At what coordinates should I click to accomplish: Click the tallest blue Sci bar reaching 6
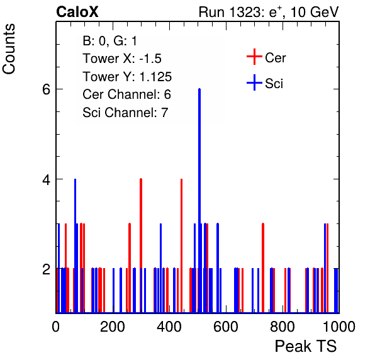point(199,200)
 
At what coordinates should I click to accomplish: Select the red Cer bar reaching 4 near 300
point(141,245)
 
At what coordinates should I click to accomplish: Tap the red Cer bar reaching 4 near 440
point(181,245)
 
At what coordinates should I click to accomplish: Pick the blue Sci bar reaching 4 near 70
point(75,245)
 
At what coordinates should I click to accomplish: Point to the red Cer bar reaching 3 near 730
point(263,268)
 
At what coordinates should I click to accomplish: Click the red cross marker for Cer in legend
point(254,57)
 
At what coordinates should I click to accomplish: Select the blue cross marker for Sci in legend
point(254,82)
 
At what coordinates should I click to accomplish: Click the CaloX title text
point(77,12)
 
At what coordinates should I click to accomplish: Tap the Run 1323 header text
point(269,12)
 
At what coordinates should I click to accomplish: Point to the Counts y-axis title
point(9,49)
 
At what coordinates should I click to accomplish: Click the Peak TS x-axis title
point(306,346)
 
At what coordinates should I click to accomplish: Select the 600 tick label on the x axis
point(226,327)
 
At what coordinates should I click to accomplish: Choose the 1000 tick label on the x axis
point(339,327)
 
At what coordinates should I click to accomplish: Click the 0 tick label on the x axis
point(56,327)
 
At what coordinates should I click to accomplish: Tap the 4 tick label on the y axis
point(47,179)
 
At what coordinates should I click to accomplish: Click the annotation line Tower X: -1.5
point(122,59)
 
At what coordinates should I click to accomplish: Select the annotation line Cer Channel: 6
point(126,94)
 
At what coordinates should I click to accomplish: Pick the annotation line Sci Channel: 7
point(125,113)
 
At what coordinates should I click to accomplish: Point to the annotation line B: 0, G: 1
point(109,41)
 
